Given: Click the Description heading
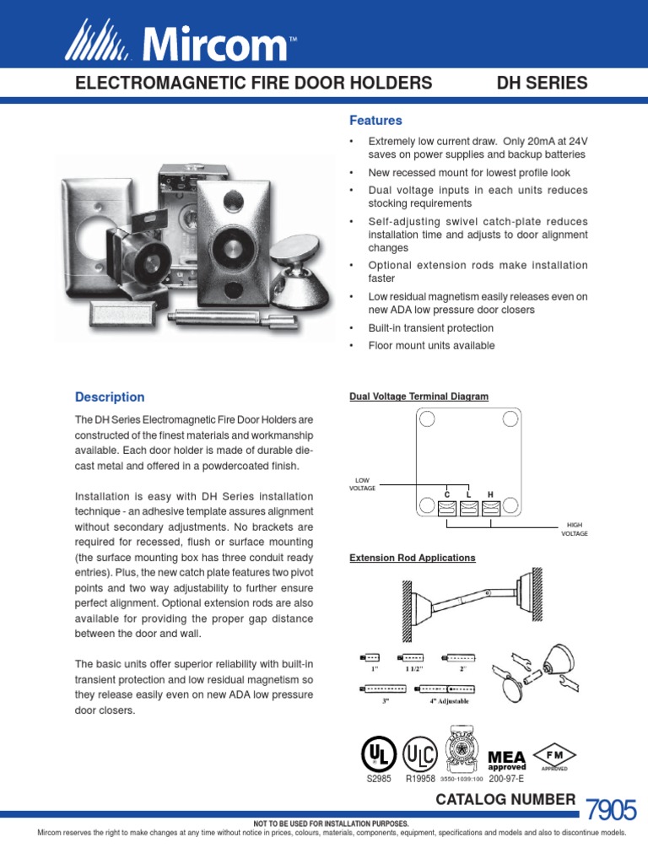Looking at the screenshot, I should [110, 397].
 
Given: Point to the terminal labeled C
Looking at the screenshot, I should [447, 506].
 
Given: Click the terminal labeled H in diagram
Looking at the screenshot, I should [489, 506].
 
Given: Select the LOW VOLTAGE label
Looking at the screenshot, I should [364, 484].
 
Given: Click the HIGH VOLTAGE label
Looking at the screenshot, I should [574, 529].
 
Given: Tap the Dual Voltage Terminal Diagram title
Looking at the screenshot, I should [418, 396].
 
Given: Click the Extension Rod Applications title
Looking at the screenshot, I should [412, 558].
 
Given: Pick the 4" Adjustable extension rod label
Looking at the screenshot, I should [448, 701].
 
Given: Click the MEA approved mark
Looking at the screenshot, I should [506, 759].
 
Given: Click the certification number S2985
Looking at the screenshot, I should [380, 780].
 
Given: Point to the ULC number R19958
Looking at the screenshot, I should [421, 780].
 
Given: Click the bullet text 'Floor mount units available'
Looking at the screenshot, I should [431, 346].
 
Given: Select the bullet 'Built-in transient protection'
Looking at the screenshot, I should [431, 328].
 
